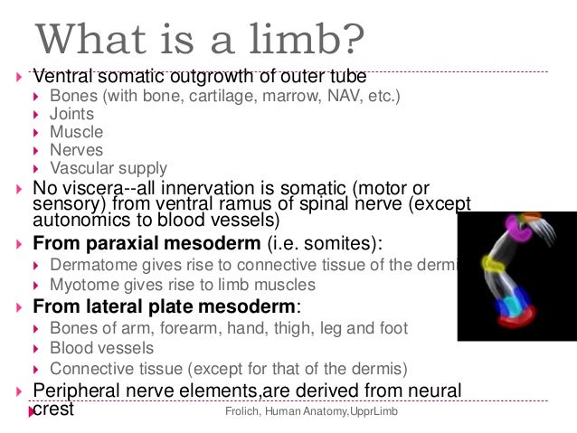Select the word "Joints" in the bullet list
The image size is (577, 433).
click(71, 114)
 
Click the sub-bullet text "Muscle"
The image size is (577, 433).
click(76, 132)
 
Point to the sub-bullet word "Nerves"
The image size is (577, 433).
click(76, 150)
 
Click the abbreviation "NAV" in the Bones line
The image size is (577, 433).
click(317, 96)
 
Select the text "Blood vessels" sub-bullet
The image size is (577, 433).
click(101, 348)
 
